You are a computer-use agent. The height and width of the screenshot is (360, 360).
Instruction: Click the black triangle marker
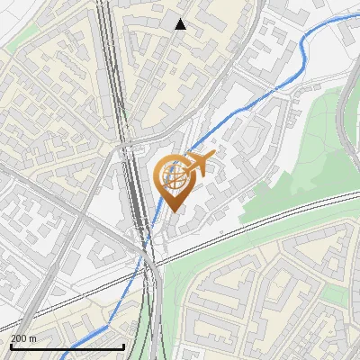[x=180, y=24]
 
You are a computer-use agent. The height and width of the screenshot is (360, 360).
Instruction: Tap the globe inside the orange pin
[x=173, y=176]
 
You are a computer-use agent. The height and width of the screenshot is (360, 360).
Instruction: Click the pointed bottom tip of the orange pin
[x=174, y=211]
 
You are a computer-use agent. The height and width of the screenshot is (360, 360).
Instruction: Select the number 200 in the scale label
[x=19, y=338]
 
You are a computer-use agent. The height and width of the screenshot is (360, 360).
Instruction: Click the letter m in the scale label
[x=33, y=338]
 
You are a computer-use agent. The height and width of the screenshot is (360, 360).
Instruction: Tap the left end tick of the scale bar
[x=11, y=346]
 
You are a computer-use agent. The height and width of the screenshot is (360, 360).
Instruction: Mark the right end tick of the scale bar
[x=123, y=346]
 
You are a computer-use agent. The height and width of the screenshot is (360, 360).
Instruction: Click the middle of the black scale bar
[x=67, y=347]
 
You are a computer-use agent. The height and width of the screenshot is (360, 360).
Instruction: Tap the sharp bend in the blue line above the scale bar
[x=112, y=321]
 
